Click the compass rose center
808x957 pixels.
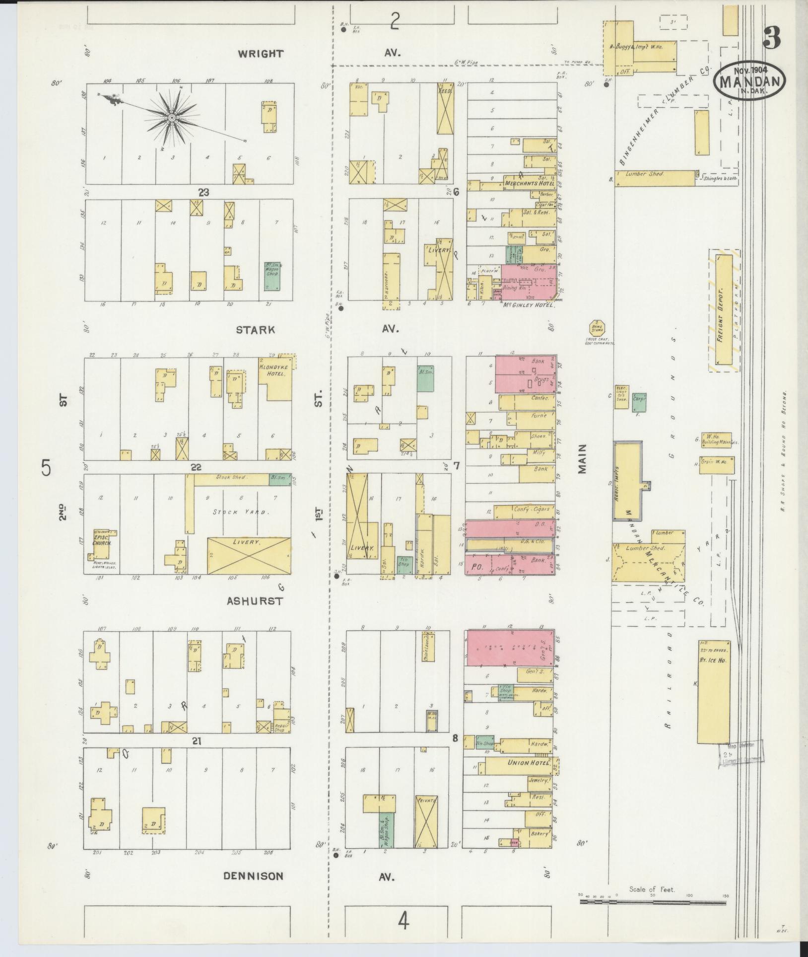pyautogui.click(x=171, y=117)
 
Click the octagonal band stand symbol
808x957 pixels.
pyautogui.click(x=597, y=328)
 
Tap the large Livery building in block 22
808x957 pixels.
pyautogui.click(x=249, y=556)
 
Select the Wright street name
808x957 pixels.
pyautogui.click(x=260, y=54)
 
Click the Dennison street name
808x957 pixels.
pyautogui.click(x=253, y=876)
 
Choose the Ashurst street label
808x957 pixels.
pyautogui.click(x=255, y=601)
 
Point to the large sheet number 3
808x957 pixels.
pyautogui.click(x=772, y=38)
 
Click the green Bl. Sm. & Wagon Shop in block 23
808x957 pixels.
pyautogui.click(x=272, y=277)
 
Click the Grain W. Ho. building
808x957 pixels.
pyautogui.click(x=717, y=465)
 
